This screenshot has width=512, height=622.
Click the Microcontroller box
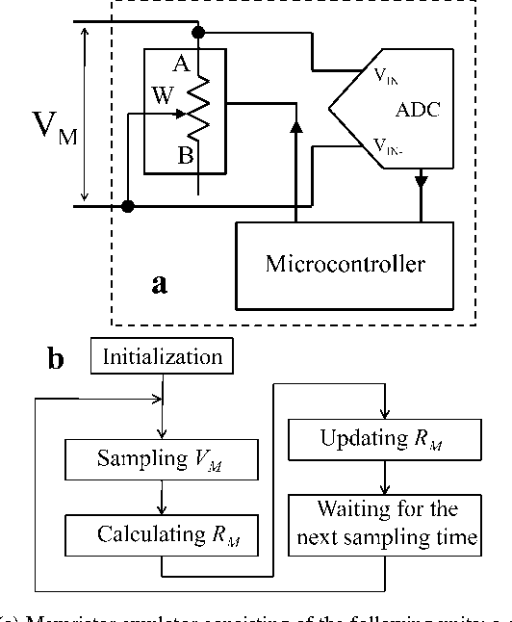pos(345,264)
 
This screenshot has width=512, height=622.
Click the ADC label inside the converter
pos(419,109)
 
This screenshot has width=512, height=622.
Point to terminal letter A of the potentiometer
pos(180,65)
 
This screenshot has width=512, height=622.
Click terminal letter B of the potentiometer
pos(185,156)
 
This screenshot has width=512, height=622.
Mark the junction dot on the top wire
pos(199,33)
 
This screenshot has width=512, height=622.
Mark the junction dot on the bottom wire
pos(129,205)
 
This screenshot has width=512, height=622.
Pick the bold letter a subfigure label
pos(161,284)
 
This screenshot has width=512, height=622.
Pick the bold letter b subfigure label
pos(56,360)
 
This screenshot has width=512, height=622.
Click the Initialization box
pos(163,358)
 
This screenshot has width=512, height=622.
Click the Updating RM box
pos(385,438)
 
